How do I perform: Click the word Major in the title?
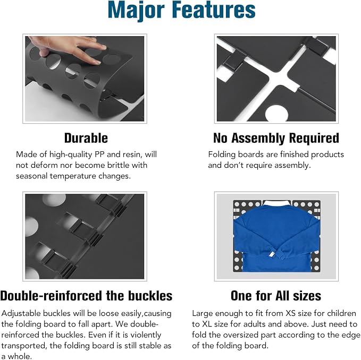(x=136, y=10)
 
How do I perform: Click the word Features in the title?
(x=214, y=10)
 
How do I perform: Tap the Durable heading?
(x=86, y=138)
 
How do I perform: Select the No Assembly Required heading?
(x=276, y=139)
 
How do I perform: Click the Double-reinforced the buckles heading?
(x=86, y=296)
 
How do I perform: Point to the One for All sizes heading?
(x=276, y=296)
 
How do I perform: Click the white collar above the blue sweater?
(x=277, y=203)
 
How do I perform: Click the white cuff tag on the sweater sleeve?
(x=271, y=254)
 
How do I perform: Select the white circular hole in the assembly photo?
(x=276, y=114)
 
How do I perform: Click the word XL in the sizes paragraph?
(x=207, y=324)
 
